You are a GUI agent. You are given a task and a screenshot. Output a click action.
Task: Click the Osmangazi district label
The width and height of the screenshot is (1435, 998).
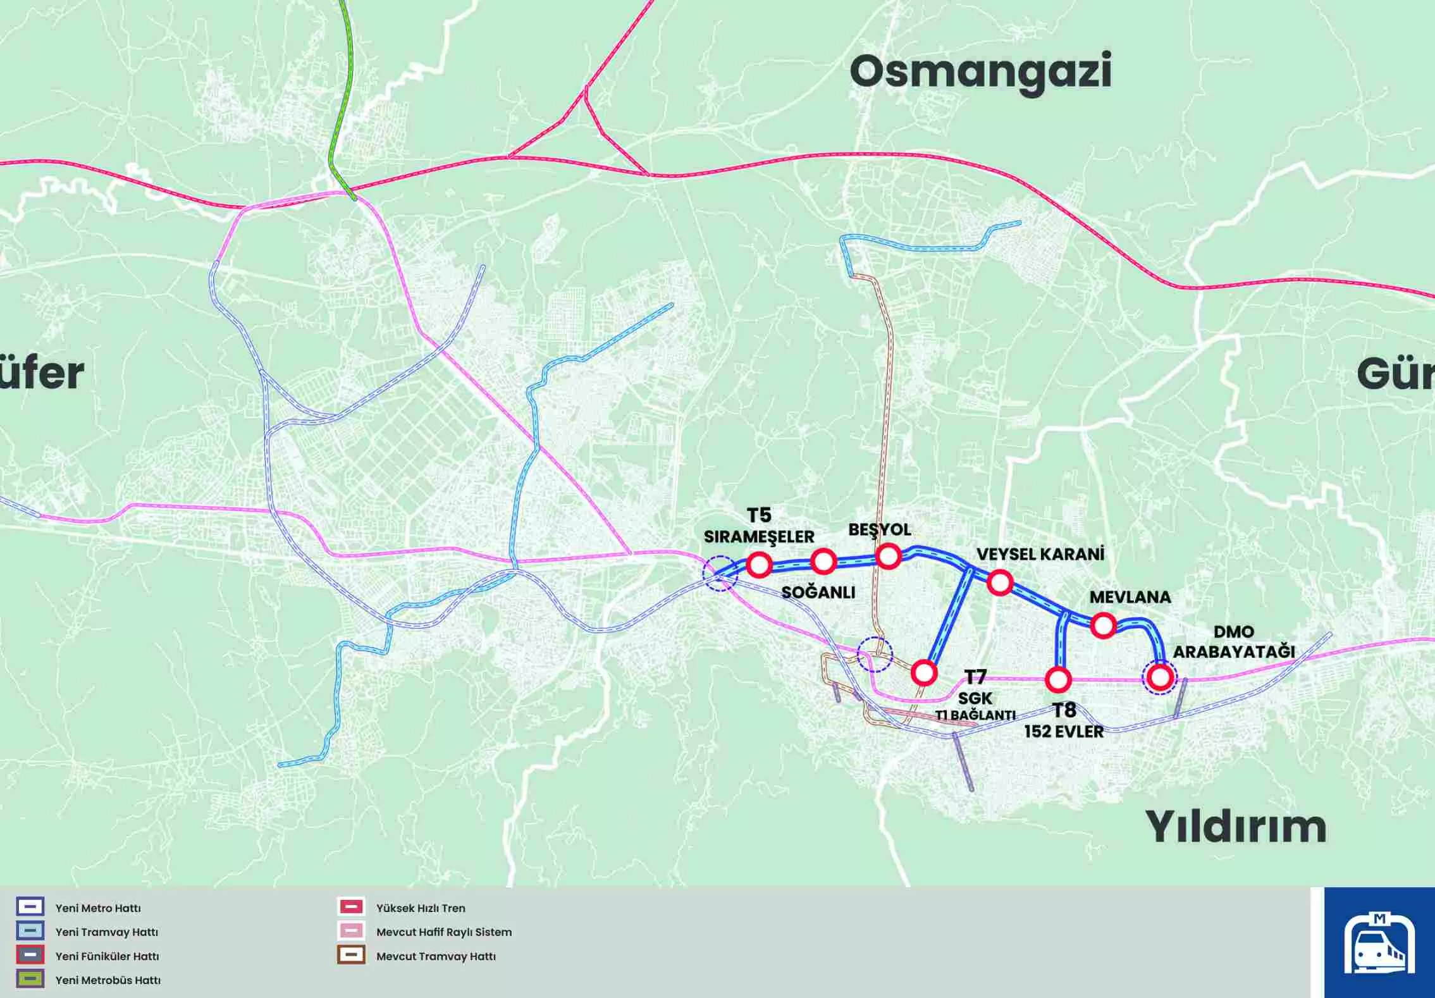click(x=980, y=72)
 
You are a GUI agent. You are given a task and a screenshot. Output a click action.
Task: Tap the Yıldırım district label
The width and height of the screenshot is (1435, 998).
click(x=1235, y=827)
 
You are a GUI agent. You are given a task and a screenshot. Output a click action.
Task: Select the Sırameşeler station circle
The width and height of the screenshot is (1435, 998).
click(x=759, y=565)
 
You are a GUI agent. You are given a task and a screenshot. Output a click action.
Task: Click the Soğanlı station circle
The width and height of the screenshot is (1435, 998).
click(x=823, y=561)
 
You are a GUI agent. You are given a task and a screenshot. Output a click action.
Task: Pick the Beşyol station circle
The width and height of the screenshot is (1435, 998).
click(x=888, y=557)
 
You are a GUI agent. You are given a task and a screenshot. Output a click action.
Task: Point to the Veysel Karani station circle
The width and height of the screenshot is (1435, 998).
click(x=1000, y=582)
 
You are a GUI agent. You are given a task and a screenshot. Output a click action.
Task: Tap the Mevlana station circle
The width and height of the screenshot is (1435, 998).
click(x=1103, y=625)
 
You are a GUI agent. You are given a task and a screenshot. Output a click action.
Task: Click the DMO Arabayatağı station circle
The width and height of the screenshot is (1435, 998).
click(x=1160, y=677)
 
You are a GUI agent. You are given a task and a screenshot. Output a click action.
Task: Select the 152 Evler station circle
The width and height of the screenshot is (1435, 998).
click(x=1058, y=680)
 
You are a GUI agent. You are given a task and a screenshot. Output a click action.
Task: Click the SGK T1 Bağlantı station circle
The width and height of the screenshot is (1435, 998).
click(x=924, y=673)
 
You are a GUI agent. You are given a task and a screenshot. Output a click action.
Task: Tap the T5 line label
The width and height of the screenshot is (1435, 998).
click(x=759, y=515)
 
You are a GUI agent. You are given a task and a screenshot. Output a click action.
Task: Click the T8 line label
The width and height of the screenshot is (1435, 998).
click(x=1064, y=710)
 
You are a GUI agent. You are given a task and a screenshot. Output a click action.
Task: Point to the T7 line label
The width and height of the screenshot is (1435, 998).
click(x=975, y=677)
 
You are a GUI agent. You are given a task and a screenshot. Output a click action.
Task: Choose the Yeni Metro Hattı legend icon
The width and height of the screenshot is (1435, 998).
click(x=30, y=907)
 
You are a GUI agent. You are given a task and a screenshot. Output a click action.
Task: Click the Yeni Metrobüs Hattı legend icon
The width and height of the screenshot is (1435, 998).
click(x=30, y=979)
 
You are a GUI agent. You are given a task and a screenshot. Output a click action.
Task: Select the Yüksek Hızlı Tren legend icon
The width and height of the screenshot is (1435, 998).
click(x=351, y=907)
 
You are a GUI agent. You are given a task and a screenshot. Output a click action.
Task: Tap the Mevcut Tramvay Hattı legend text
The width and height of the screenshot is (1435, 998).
click(x=436, y=956)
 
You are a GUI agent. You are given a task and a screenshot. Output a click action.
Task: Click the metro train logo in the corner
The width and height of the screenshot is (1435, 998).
click(x=1379, y=942)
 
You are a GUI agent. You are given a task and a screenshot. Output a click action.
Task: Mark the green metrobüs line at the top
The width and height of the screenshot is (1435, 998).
click(x=342, y=95)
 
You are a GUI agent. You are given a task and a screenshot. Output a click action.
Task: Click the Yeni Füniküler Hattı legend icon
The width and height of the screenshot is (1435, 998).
click(x=30, y=955)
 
